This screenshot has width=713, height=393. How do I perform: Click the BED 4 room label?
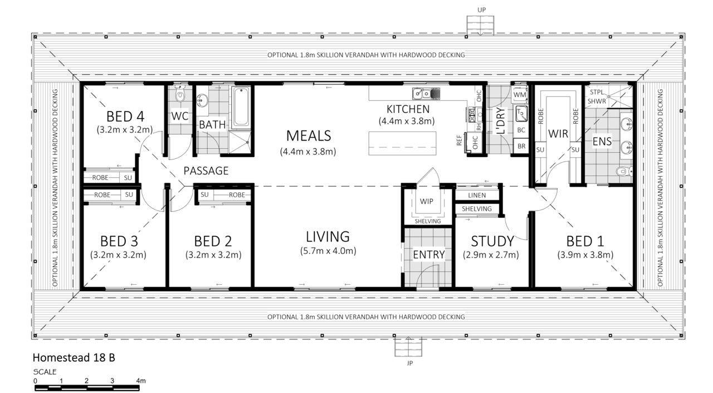[x=125, y=117]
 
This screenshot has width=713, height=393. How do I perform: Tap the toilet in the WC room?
[x=180, y=94]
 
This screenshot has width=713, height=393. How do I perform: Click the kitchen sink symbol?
[x=426, y=94]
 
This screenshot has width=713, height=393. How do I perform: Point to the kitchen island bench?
[x=402, y=143]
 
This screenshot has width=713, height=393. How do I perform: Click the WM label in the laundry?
[x=520, y=95]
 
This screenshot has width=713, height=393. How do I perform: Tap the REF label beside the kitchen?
[x=458, y=140]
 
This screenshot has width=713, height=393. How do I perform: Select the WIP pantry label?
[x=427, y=201]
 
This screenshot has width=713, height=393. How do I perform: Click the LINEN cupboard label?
[x=477, y=195]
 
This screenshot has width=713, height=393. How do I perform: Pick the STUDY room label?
[x=492, y=241]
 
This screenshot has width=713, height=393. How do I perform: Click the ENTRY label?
[x=429, y=254]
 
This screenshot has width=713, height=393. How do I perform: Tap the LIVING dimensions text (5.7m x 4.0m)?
[x=328, y=251]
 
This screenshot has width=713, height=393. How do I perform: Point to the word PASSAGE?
[x=206, y=171]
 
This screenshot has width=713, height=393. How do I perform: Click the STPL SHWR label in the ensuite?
[x=597, y=96]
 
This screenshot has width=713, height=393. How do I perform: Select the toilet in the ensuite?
[x=624, y=171]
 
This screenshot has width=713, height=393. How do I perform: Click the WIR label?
[x=558, y=134]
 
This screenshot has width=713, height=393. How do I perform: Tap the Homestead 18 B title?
[x=74, y=358]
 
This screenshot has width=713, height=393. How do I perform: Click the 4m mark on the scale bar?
[x=141, y=381]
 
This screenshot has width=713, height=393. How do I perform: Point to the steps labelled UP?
[x=481, y=26]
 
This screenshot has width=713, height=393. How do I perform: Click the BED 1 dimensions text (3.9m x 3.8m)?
[x=585, y=255]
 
